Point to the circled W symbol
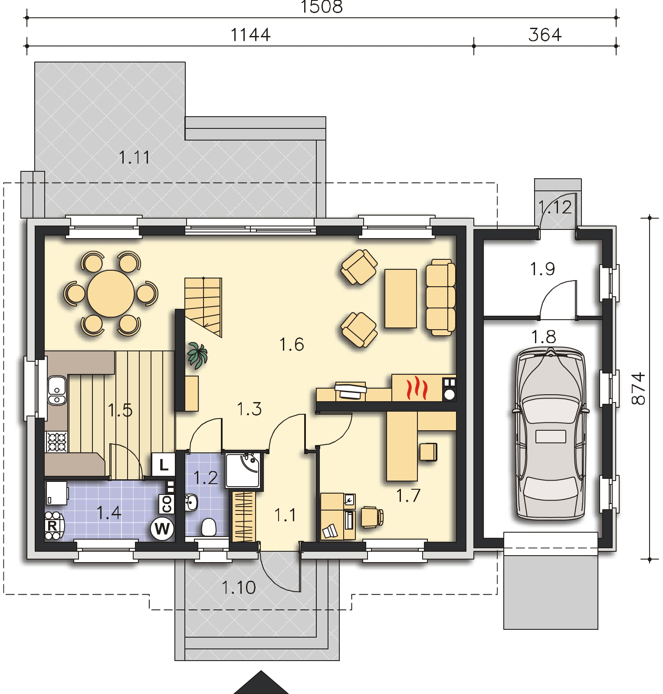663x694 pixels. pos(162,528)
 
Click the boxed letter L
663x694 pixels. pos(163,465)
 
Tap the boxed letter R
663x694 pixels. pos(52,526)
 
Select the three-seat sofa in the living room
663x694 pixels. pos(440,297)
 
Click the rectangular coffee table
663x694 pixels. pos(401,298)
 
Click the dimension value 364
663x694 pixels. pos(545,35)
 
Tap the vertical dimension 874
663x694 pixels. pos(639,389)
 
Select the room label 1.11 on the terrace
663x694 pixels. pos(135,157)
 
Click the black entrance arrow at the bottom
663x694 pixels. pos(261,683)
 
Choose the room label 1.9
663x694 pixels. pos(542,269)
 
